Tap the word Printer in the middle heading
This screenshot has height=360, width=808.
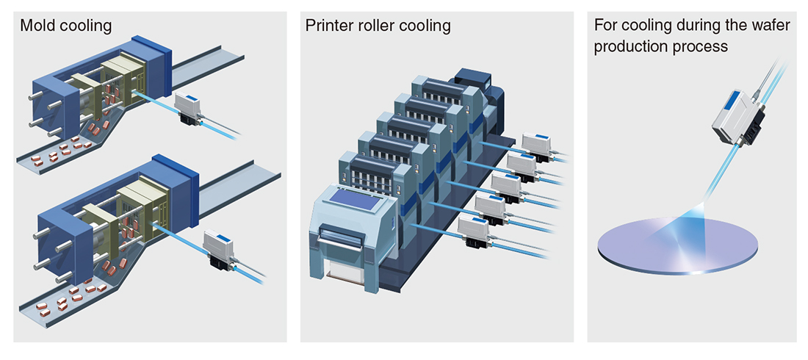[x=327, y=26]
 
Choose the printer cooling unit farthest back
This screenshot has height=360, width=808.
[x=538, y=146]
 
